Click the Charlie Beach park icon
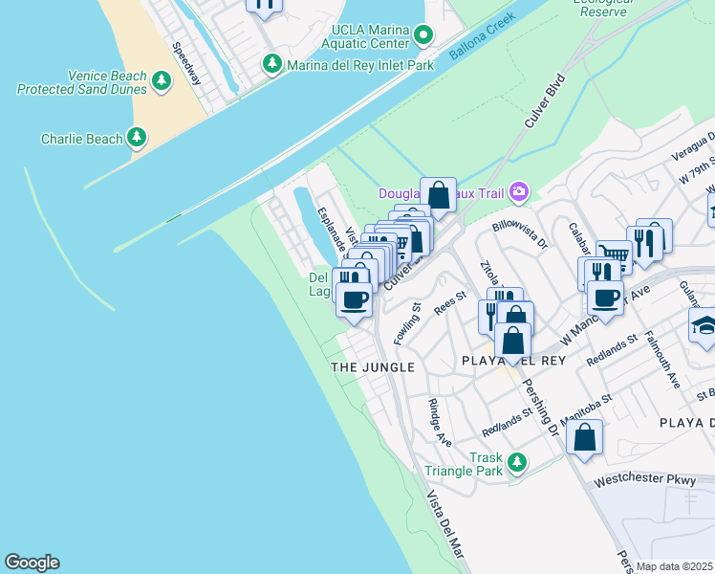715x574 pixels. point(138,139)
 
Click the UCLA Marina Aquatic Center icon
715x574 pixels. point(424,36)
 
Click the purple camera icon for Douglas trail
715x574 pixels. point(519,192)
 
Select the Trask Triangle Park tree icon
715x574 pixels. point(517,464)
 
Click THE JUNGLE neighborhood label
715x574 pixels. point(372,367)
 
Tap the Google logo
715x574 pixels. point(32,563)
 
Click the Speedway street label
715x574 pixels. point(186,63)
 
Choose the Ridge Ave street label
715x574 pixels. point(440,422)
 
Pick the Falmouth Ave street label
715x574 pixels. point(661,359)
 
